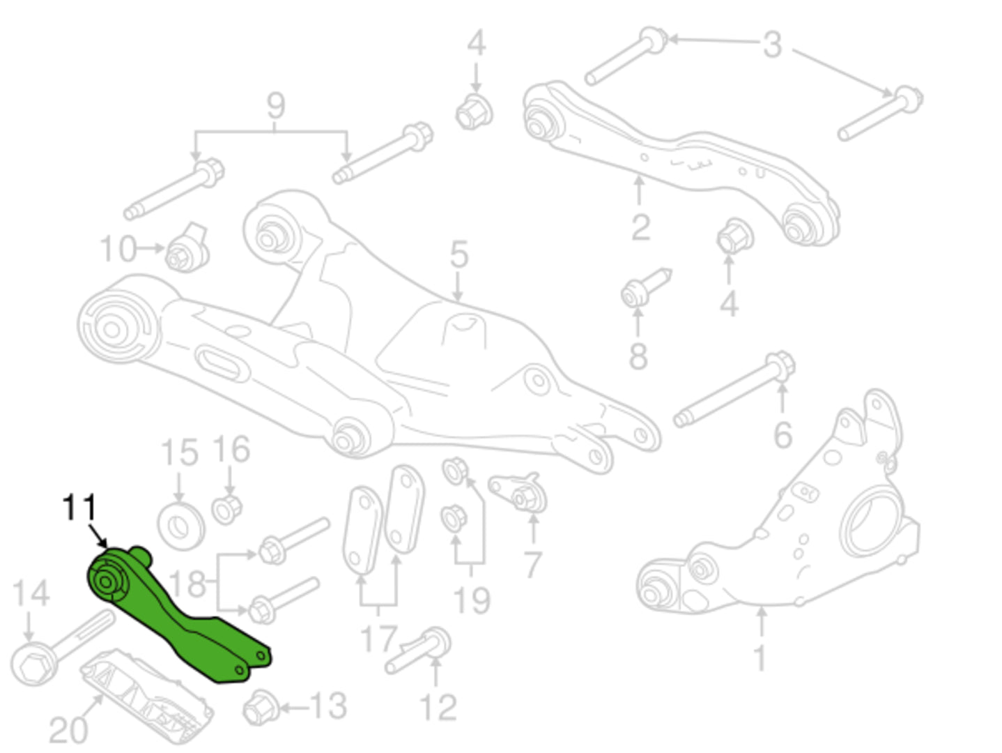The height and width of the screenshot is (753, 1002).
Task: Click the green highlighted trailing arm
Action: [x=178, y=616]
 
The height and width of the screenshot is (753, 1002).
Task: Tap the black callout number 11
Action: [x=80, y=507]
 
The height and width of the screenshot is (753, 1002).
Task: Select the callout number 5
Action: [x=459, y=254]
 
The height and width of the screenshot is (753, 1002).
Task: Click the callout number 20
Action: [x=68, y=730]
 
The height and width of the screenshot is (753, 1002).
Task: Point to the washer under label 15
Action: [x=180, y=526]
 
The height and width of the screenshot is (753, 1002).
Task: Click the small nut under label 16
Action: [x=226, y=509]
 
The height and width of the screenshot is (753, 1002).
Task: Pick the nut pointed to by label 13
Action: [x=261, y=708]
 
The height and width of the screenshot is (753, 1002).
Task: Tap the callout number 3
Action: [x=772, y=45]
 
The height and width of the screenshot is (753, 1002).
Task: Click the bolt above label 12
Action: [x=417, y=651]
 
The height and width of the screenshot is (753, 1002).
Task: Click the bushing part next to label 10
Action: [x=187, y=249]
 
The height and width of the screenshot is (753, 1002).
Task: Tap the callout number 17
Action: [x=378, y=639]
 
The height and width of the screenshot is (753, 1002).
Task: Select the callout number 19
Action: [x=472, y=600]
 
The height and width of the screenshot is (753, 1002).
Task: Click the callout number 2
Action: [x=641, y=227]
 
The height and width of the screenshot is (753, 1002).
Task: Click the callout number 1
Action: [x=760, y=657]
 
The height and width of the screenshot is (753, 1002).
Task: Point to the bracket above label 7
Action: [x=518, y=492]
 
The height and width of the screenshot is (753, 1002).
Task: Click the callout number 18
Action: [x=187, y=584]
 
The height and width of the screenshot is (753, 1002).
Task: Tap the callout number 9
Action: [x=276, y=106]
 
